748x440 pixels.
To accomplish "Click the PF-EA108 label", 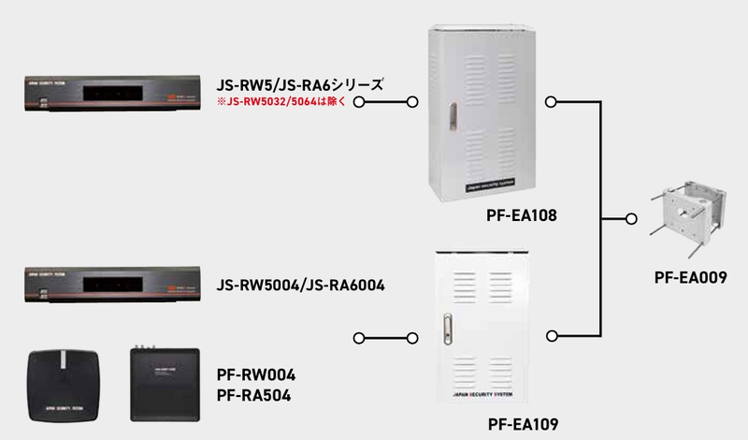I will (x=522, y=216).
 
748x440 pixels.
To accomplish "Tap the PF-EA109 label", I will (x=523, y=424).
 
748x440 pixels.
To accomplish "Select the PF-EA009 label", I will (x=691, y=277).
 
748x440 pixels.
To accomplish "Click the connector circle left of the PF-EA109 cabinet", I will (x=413, y=335).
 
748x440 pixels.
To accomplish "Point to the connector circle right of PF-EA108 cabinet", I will (x=553, y=100).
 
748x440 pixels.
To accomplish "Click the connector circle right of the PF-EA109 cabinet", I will (x=553, y=335).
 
